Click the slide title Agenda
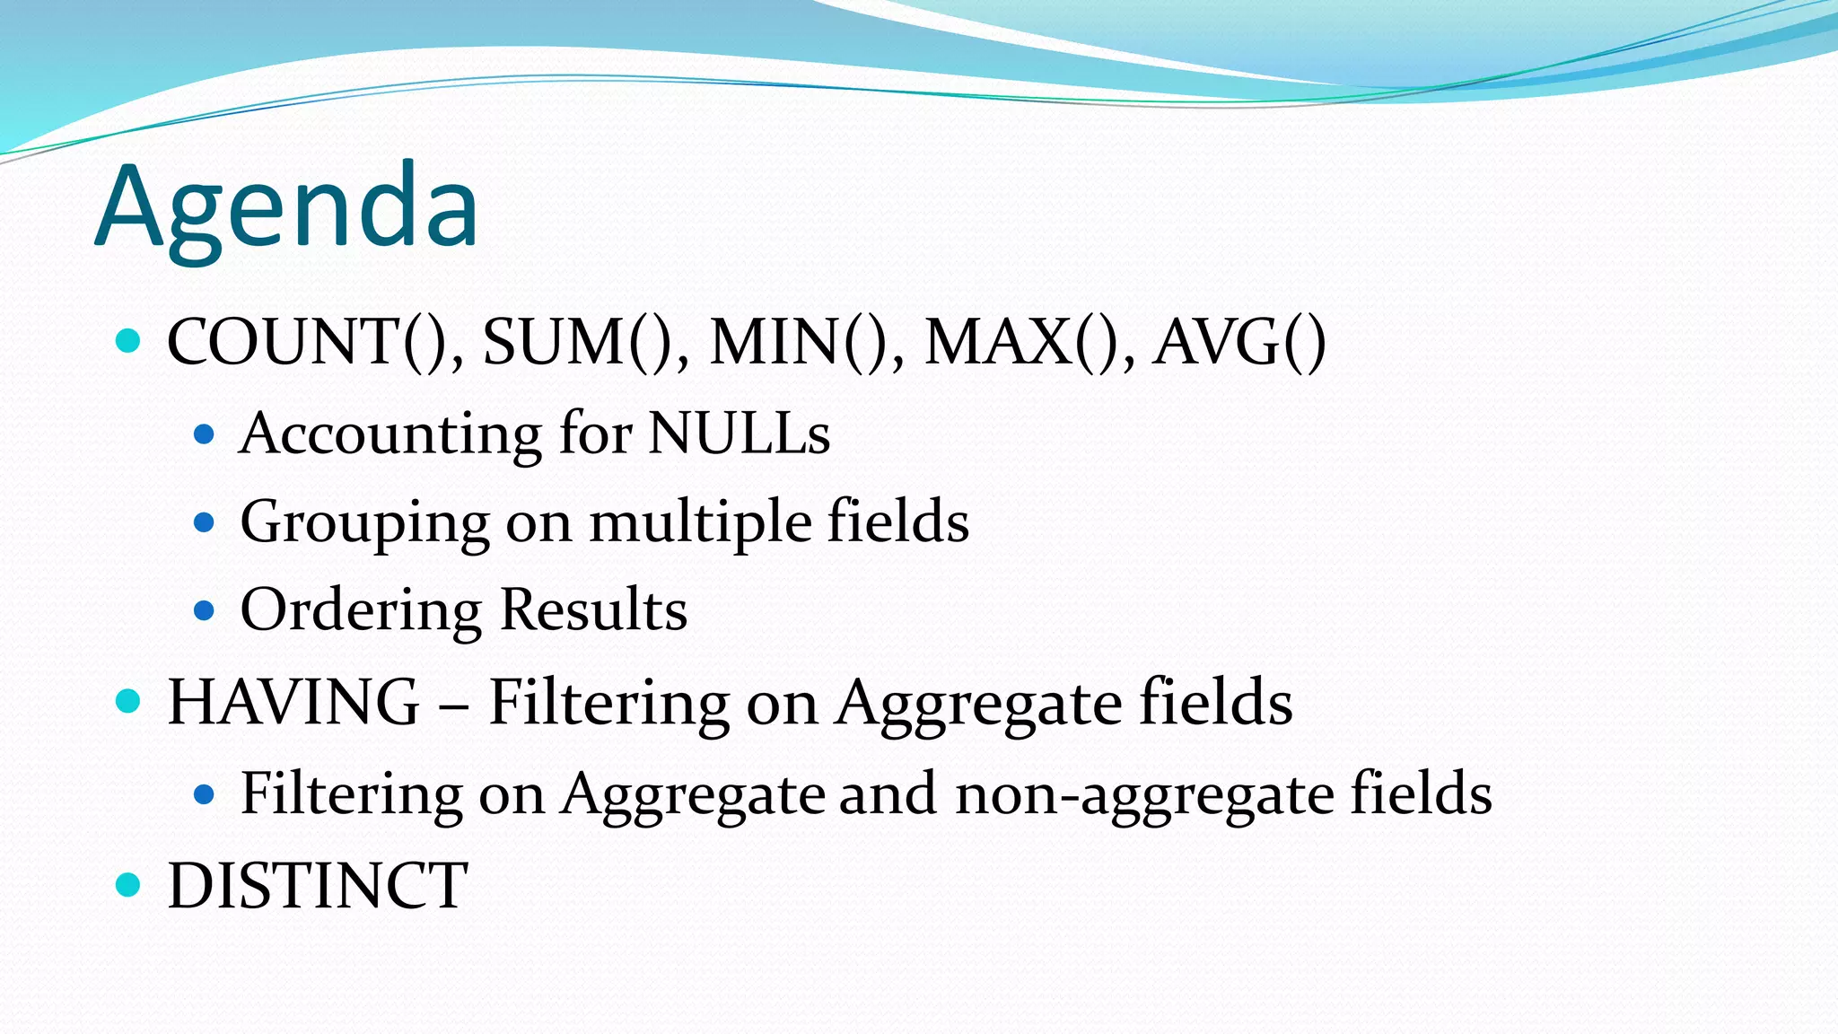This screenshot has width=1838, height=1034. pos(286,208)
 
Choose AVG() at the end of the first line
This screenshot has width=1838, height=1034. pos(1239,342)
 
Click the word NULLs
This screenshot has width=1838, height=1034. pos(739,434)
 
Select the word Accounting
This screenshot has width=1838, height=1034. pos(389,434)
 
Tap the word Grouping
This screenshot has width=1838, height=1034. pos(364,522)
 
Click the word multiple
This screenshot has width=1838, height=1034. pos(699,522)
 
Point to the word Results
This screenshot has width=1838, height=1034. pos(593,610)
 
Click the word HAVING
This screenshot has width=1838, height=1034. pos(293,702)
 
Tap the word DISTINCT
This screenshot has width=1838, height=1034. pos(318,886)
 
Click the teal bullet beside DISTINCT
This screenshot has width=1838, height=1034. pos(129,885)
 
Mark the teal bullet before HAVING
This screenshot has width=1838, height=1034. pos(129,701)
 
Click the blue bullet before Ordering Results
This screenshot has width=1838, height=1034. pos(205,611)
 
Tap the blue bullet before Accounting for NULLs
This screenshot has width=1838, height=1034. pos(205,435)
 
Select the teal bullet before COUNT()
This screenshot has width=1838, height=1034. pos(129,341)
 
